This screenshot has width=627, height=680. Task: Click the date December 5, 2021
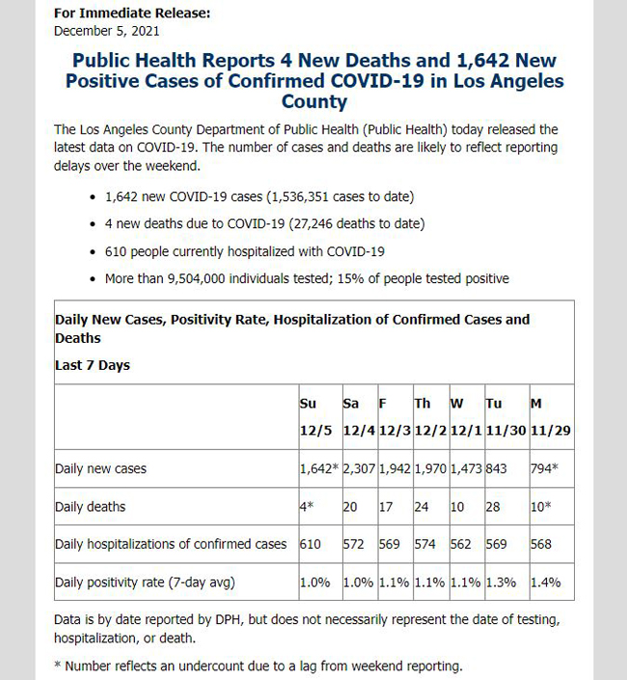tap(105, 30)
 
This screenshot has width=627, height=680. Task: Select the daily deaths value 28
tap(493, 506)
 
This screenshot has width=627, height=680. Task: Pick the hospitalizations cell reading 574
tap(424, 544)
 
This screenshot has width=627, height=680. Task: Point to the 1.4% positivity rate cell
tap(545, 581)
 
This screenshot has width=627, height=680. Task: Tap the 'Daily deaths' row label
tap(91, 506)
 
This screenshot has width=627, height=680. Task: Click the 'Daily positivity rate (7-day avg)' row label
tap(145, 581)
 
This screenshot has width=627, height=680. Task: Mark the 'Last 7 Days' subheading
tap(93, 365)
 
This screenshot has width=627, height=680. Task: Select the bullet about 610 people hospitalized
tap(245, 251)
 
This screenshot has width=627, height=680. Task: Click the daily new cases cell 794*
tap(546, 468)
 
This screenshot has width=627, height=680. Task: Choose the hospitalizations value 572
tap(356, 544)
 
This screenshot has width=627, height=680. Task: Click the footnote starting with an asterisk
tap(259, 666)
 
